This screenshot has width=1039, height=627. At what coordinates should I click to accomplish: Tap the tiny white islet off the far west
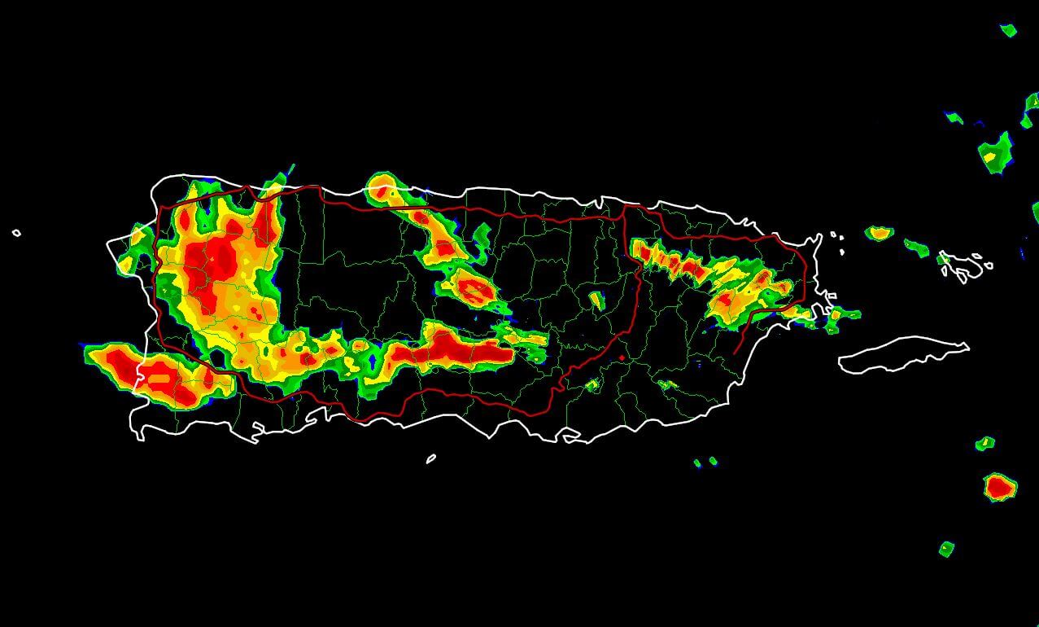16,234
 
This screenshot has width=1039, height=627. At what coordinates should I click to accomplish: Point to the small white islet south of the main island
430,458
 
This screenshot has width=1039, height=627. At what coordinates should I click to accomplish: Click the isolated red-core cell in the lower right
999,487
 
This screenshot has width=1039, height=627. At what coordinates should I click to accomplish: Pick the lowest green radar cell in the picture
945,549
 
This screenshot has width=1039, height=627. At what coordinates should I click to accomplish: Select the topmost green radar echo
1008,30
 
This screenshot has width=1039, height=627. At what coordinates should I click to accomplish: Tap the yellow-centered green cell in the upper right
994,153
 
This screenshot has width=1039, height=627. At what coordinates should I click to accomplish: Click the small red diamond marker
622,357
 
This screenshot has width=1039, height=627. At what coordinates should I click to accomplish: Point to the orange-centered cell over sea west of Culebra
879,233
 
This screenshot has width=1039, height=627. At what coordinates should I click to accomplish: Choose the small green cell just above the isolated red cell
984,443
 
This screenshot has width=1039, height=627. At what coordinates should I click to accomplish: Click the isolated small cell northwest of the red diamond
596,300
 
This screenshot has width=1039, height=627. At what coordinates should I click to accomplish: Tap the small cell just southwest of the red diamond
592,384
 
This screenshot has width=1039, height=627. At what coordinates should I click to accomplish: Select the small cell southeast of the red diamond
666,384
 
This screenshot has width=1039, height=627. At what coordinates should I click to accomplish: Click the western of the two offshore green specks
697,463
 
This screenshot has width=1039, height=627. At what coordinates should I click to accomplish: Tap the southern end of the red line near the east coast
736,352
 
